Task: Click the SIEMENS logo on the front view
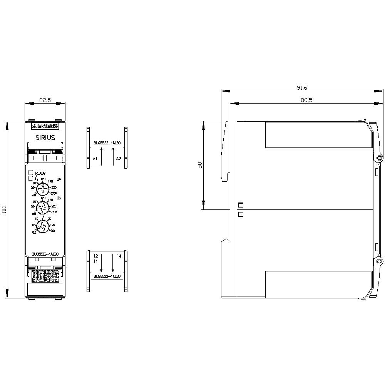tap(45, 126)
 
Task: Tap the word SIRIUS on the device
tap(45, 137)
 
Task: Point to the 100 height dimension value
tap(4, 210)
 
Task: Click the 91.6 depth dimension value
tap(301, 88)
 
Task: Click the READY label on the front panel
tap(40, 173)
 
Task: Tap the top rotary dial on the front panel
tap(43, 188)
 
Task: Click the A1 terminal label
tap(95, 159)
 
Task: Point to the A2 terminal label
tap(119, 159)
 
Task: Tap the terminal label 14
tap(119, 256)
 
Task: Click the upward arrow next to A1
tap(102, 156)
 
